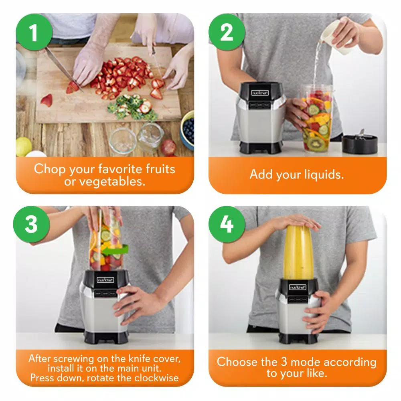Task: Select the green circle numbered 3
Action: [32, 225]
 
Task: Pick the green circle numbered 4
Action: [227, 225]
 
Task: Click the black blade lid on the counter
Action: [360, 143]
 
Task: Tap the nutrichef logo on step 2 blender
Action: [260, 93]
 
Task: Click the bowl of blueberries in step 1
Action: [188, 130]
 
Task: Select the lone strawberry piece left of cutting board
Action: [47, 100]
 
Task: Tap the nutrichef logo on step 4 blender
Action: [298, 287]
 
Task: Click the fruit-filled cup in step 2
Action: [317, 118]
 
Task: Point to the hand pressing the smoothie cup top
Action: [297, 221]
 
